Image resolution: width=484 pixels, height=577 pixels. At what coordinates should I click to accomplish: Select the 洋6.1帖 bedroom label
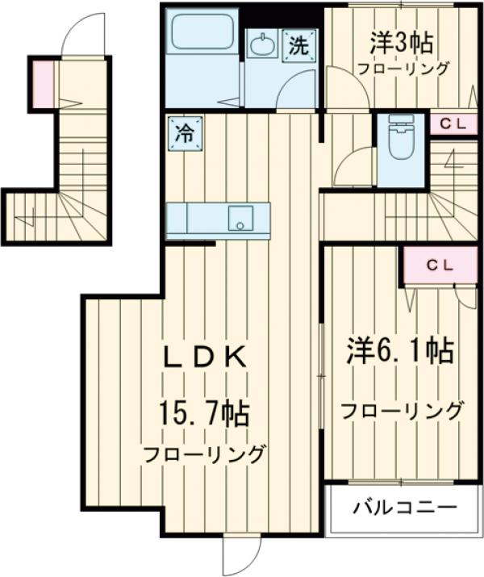(x=399, y=351)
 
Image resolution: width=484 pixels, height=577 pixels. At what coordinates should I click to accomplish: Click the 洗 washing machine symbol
(x=299, y=45)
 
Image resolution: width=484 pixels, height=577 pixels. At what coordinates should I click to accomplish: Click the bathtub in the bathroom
(x=202, y=37)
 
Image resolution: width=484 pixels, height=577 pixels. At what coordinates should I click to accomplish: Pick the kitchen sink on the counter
(x=240, y=218)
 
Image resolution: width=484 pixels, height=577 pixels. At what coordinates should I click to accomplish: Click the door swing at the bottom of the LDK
(x=243, y=554)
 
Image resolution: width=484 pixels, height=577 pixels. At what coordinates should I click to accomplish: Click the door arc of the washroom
(x=297, y=90)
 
